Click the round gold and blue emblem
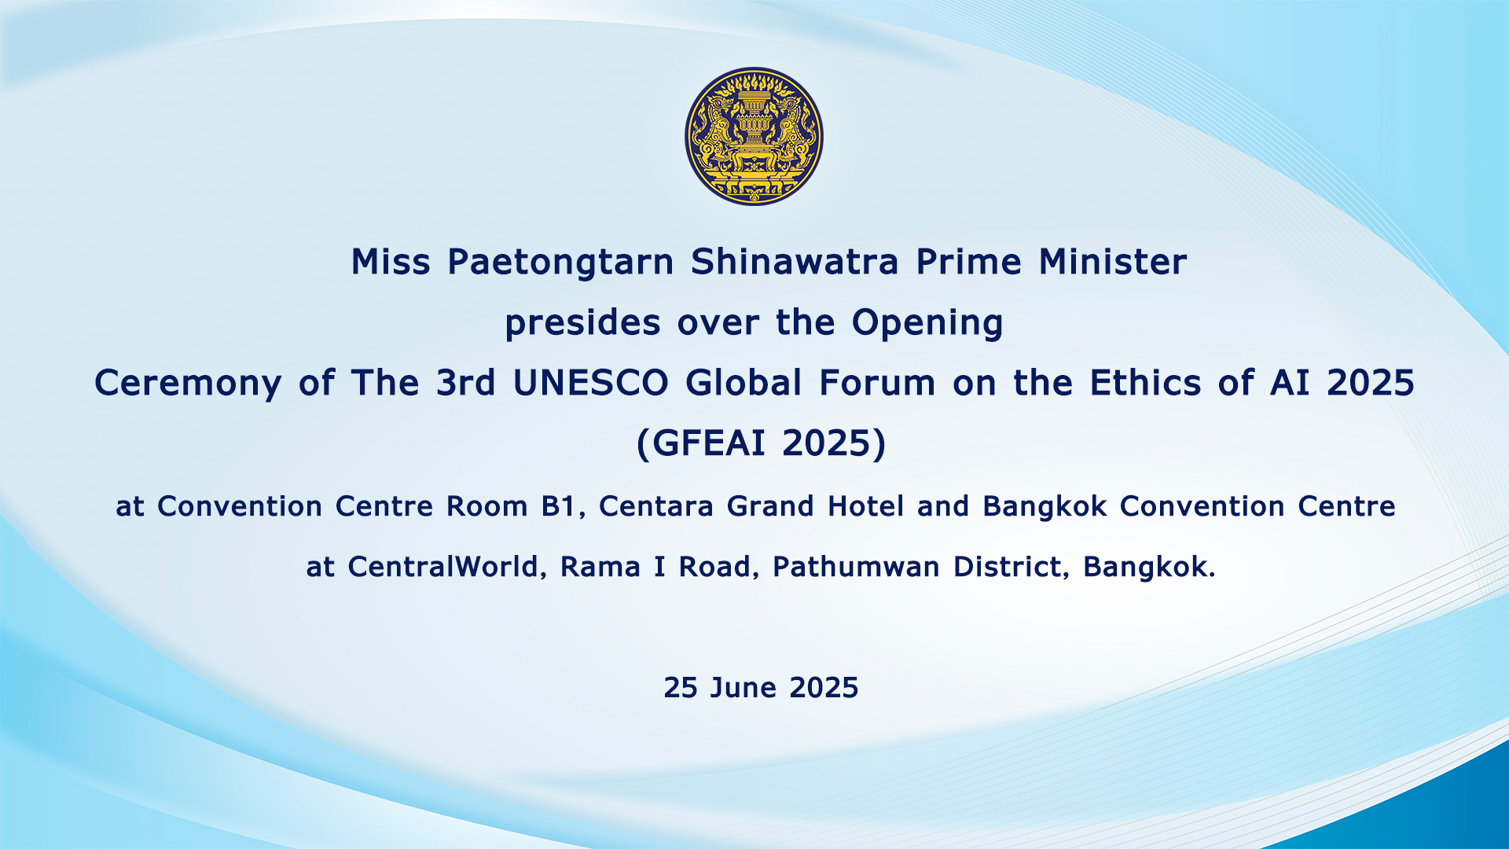pos(754,136)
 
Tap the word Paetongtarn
pos(560,263)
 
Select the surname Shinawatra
pos(795,262)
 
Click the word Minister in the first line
pos(1113,262)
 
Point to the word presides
pos(582,324)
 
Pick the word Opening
pos(927,324)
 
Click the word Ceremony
pos(188,384)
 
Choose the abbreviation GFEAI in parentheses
pos(708,443)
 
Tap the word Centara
pos(656,507)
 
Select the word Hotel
pos(865,507)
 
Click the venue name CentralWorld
pos(444,567)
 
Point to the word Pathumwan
pos(856,567)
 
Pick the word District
pos(1011,567)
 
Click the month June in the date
pos(743,688)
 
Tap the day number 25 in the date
pos(681,688)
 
